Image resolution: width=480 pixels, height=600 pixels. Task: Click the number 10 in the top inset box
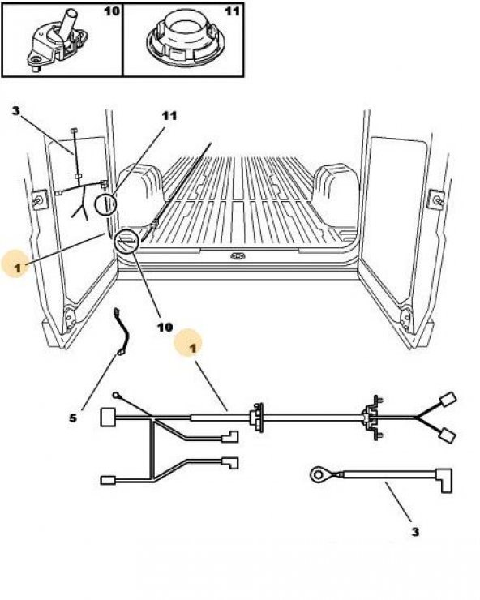(x=112, y=11)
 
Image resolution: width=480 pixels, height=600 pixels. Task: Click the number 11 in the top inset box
(x=232, y=11)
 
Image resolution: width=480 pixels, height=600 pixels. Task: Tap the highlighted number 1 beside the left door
(x=17, y=268)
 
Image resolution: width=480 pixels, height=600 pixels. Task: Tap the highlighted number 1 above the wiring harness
(x=193, y=348)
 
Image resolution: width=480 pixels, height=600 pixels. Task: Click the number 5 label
(x=73, y=418)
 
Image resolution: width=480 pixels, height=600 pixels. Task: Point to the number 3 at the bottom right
(x=415, y=532)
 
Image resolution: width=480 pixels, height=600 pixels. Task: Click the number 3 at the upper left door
(x=15, y=111)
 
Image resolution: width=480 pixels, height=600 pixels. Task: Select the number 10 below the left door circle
(x=165, y=328)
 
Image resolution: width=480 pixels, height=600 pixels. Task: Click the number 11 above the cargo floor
(x=169, y=116)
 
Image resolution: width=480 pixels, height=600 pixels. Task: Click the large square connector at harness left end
(x=108, y=417)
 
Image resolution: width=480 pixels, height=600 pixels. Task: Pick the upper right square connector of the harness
(x=448, y=401)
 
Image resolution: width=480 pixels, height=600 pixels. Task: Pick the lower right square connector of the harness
(x=447, y=435)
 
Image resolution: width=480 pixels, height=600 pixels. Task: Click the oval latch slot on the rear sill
(x=238, y=255)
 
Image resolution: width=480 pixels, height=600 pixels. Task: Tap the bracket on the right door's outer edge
(x=436, y=198)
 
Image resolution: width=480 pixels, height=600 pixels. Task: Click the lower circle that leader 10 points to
(x=126, y=242)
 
